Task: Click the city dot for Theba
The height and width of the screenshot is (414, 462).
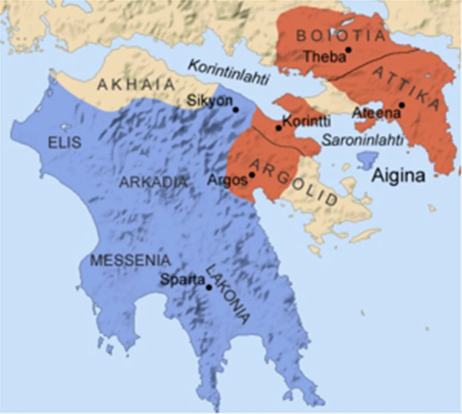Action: pyautogui.click(x=348, y=50)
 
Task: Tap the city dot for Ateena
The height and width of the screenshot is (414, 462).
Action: pyautogui.click(x=402, y=105)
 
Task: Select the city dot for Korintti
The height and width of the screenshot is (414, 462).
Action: pyautogui.click(x=279, y=128)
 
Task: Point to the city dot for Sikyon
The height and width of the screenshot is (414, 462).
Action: pyautogui.click(x=235, y=110)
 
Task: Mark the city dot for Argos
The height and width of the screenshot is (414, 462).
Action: pyautogui.click(x=252, y=175)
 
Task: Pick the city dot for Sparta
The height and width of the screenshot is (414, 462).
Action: pyautogui.click(x=209, y=287)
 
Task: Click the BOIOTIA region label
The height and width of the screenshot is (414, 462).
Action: pyautogui.click(x=341, y=35)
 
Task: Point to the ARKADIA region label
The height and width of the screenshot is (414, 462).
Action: pyautogui.click(x=153, y=182)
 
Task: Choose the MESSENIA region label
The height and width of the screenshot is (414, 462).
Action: pyautogui.click(x=130, y=260)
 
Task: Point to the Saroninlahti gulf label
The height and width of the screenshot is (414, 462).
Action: pyautogui.click(x=362, y=140)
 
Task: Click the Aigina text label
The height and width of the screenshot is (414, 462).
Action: pyautogui.click(x=398, y=176)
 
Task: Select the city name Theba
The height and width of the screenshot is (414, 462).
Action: pyautogui.click(x=324, y=56)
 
